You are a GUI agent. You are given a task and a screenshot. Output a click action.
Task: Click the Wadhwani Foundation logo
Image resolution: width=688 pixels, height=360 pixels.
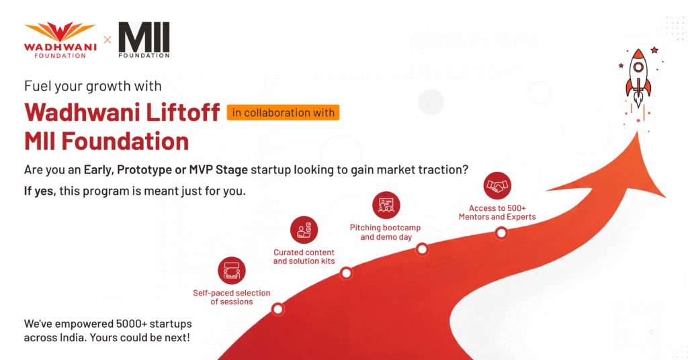tap(60, 40)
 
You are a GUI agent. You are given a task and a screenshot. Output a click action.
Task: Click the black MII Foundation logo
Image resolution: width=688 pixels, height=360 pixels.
tap(144, 40)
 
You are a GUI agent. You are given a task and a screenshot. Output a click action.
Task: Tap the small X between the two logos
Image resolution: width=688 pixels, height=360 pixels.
tap(107, 40)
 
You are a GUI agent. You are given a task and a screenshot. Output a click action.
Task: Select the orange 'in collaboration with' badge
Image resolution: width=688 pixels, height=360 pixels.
tap(283, 112)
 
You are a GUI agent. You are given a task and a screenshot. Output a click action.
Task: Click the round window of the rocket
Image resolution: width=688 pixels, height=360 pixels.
tap(638, 68)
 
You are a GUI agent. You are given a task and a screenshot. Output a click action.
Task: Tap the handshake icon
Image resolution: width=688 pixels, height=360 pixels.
tap(497, 185)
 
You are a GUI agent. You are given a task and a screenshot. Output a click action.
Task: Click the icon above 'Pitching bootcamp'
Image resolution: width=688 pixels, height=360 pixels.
tap(386, 205)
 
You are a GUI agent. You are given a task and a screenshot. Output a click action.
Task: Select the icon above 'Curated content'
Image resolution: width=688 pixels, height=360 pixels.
tap(304, 230)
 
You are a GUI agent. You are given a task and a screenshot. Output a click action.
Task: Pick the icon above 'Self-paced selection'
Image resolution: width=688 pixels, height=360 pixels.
tap(232, 271)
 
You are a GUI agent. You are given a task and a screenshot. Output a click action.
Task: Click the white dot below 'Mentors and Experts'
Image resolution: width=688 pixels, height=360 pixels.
tap(501, 233)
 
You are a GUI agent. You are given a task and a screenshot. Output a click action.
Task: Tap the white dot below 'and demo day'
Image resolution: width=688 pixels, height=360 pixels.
tap(422, 249)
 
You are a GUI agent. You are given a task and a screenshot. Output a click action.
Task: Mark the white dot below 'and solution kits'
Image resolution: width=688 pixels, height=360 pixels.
tap(346, 273)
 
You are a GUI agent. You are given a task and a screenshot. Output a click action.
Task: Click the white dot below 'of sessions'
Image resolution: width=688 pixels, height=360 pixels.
tap(277, 309)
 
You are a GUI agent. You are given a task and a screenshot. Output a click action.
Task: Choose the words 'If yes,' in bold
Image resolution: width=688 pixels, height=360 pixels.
tap(40, 191)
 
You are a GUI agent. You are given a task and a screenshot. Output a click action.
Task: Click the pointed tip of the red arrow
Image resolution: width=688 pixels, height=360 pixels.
tap(637, 132)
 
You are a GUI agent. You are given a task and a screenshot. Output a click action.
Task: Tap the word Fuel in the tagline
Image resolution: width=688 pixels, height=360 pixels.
tap(36, 86)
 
